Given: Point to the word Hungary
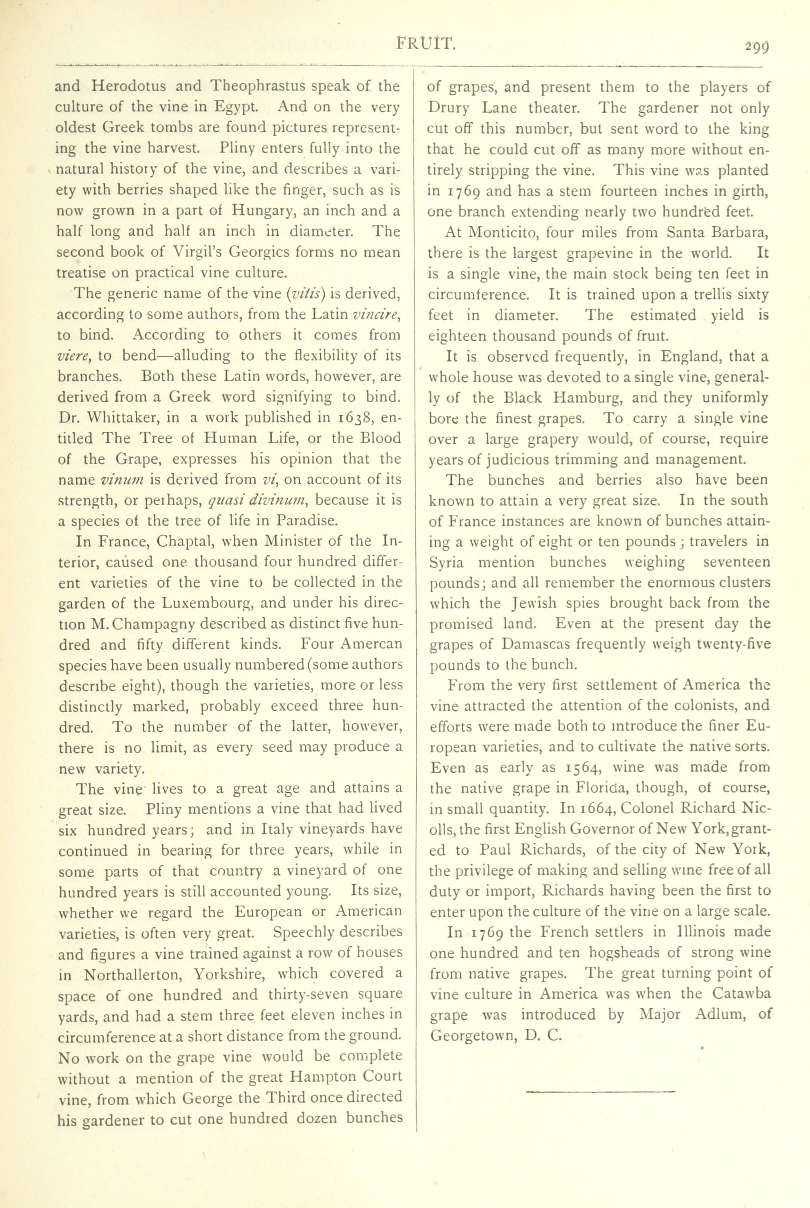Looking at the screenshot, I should pyautogui.click(x=263, y=211).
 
